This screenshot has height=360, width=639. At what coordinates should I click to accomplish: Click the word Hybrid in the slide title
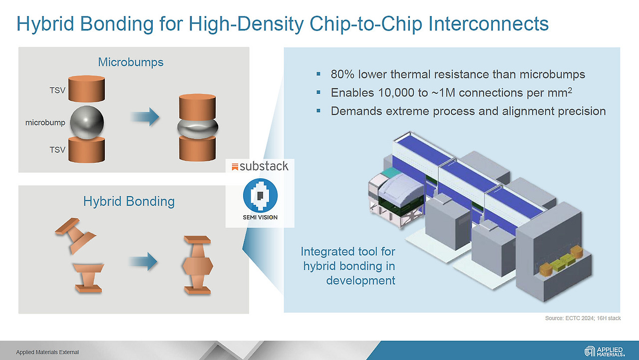(x=45, y=24)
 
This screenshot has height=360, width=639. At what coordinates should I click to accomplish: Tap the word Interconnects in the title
(x=488, y=23)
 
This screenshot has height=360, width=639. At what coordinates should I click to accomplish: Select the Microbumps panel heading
(x=131, y=62)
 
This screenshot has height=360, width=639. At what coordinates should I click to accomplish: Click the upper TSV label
(x=57, y=90)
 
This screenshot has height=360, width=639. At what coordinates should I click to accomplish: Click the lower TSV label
(x=57, y=150)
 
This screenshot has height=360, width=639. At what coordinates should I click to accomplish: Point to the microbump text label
(x=45, y=123)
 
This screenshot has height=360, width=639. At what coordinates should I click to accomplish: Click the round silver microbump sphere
(x=87, y=122)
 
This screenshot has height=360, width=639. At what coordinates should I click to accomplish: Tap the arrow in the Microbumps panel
(x=145, y=117)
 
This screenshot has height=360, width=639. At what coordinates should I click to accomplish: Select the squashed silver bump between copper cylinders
(x=197, y=128)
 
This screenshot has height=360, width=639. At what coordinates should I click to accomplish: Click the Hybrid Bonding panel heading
(x=129, y=201)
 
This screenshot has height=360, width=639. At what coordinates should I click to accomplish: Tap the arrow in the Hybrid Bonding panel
(x=143, y=261)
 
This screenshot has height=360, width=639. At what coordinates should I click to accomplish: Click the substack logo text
(x=264, y=166)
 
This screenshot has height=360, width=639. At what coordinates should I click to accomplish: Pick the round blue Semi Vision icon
(x=260, y=195)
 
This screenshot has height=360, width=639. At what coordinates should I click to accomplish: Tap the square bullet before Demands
(x=319, y=111)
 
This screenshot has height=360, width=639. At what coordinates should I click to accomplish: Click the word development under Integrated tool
(x=360, y=281)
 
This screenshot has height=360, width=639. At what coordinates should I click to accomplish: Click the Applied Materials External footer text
(x=47, y=353)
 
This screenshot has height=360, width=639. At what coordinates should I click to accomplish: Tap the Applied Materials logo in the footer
(x=605, y=352)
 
